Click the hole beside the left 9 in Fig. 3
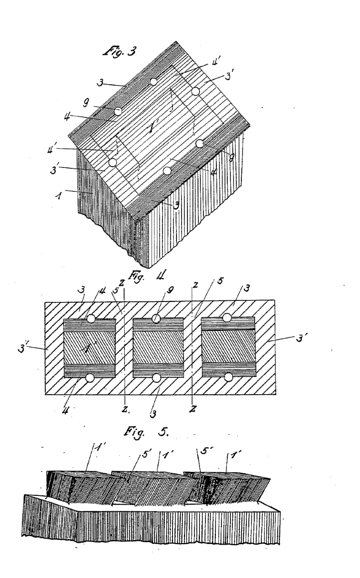[119, 112]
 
